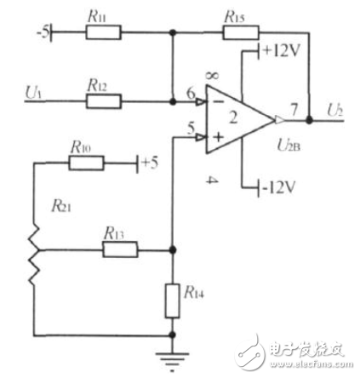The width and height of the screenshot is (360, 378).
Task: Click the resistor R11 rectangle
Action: (x=102, y=32)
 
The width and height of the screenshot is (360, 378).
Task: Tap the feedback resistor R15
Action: (x=241, y=32)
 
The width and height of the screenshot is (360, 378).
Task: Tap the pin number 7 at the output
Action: (x=293, y=110)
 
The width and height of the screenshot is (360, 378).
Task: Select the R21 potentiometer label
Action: (x=63, y=205)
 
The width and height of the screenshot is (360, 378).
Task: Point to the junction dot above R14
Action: (x=173, y=250)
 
